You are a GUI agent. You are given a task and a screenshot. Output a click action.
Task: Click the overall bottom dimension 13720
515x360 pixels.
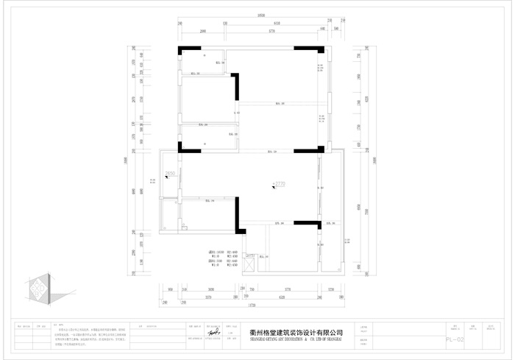click(250, 305)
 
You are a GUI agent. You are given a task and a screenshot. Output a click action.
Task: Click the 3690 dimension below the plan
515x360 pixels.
click(210, 289)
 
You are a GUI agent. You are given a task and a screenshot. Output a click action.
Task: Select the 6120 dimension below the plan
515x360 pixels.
click(282, 297)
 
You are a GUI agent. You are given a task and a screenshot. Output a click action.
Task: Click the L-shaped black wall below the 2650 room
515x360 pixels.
click(238, 216)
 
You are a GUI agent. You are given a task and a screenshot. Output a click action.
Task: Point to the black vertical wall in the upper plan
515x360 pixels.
click(237, 87)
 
